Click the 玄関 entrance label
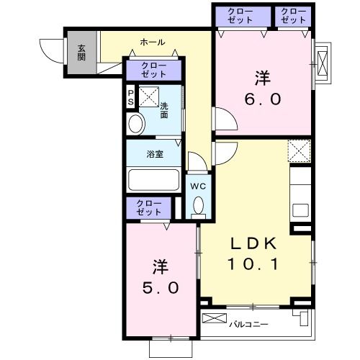[x=81, y=53]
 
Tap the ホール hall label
[x=153, y=42]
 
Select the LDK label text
[x=253, y=243]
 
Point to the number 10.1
[x=253, y=264]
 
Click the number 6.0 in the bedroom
[x=263, y=99]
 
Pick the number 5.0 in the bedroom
[x=161, y=288]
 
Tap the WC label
[x=198, y=186]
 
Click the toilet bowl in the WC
[x=199, y=206]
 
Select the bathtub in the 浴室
[x=154, y=180]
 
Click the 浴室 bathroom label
[x=155, y=154]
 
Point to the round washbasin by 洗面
[x=135, y=124]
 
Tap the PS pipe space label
[x=130, y=97]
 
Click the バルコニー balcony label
[x=248, y=325]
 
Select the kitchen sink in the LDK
[x=300, y=210]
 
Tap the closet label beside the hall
[x=154, y=70]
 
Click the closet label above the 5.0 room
[x=149, y=208]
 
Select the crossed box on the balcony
[x=215, y=318]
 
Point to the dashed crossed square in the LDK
[x=300, y=151]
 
